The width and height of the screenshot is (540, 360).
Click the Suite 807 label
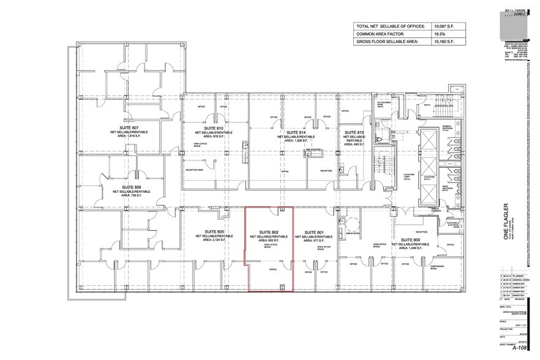pos(131,127)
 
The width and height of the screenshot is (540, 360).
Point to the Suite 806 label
pos(131,187)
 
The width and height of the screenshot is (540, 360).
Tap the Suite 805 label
pos(213,232)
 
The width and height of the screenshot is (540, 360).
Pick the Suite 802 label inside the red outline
pos(269,232)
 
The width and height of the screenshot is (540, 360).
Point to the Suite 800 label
pos(410,239)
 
